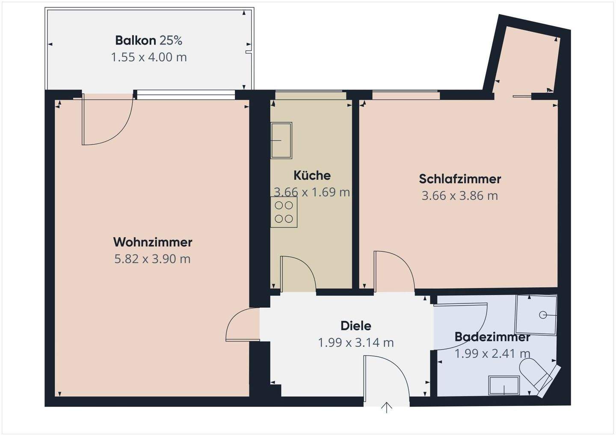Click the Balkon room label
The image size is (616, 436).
135,40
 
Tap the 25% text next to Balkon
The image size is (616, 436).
171,40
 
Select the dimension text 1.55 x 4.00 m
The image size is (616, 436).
149,57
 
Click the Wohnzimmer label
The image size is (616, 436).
153,242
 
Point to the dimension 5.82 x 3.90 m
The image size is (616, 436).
152,259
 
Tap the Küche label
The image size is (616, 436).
312,175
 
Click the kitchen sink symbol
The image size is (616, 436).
281,140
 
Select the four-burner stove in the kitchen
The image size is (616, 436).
284,212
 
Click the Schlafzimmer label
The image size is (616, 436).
460,179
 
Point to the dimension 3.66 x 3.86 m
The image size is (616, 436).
460,196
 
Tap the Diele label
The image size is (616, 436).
355,326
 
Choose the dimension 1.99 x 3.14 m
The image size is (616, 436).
355,342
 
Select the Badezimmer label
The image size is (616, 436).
492,337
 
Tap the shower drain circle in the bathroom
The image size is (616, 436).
543,315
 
